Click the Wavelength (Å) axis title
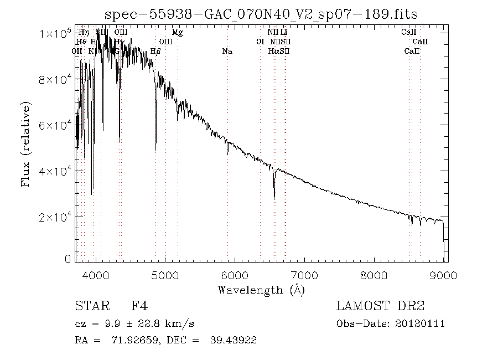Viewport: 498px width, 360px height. tap(261, 290)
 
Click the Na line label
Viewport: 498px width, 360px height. tap(227, 52)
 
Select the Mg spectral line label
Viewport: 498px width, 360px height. tap(177, 33)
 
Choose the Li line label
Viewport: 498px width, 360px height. tap(284, 33)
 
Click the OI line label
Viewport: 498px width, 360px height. tap(260, 42)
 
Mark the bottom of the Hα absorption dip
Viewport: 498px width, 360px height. tap(274, 198)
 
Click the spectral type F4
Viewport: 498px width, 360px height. tap(139, 306)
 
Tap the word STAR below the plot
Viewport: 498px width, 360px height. tap(89, 306)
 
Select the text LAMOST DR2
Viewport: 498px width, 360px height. tap(380, 306)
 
